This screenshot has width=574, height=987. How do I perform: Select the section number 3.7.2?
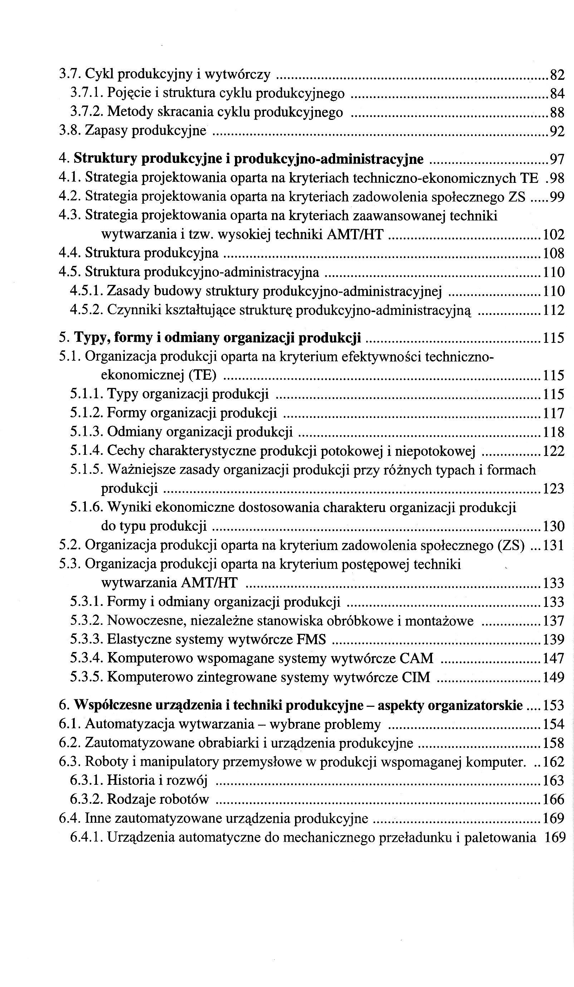[87, 112]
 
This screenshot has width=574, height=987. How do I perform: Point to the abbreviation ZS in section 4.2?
[516, 196]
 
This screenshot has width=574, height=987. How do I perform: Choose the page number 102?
[553, 235]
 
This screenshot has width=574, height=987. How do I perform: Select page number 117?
[553, 413]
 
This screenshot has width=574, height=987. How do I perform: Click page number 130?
[553, 526]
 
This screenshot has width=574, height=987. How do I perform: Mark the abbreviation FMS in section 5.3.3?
[311, 640]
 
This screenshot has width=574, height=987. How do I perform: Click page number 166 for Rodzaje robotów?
[553, 799]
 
